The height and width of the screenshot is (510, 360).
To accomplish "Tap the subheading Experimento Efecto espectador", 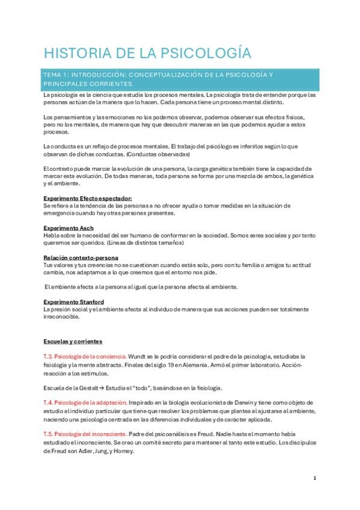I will click(87, 198).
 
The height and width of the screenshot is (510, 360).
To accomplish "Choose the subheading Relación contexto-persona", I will click(81, 257).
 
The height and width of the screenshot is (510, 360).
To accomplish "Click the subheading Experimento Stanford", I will click(74, 301).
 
